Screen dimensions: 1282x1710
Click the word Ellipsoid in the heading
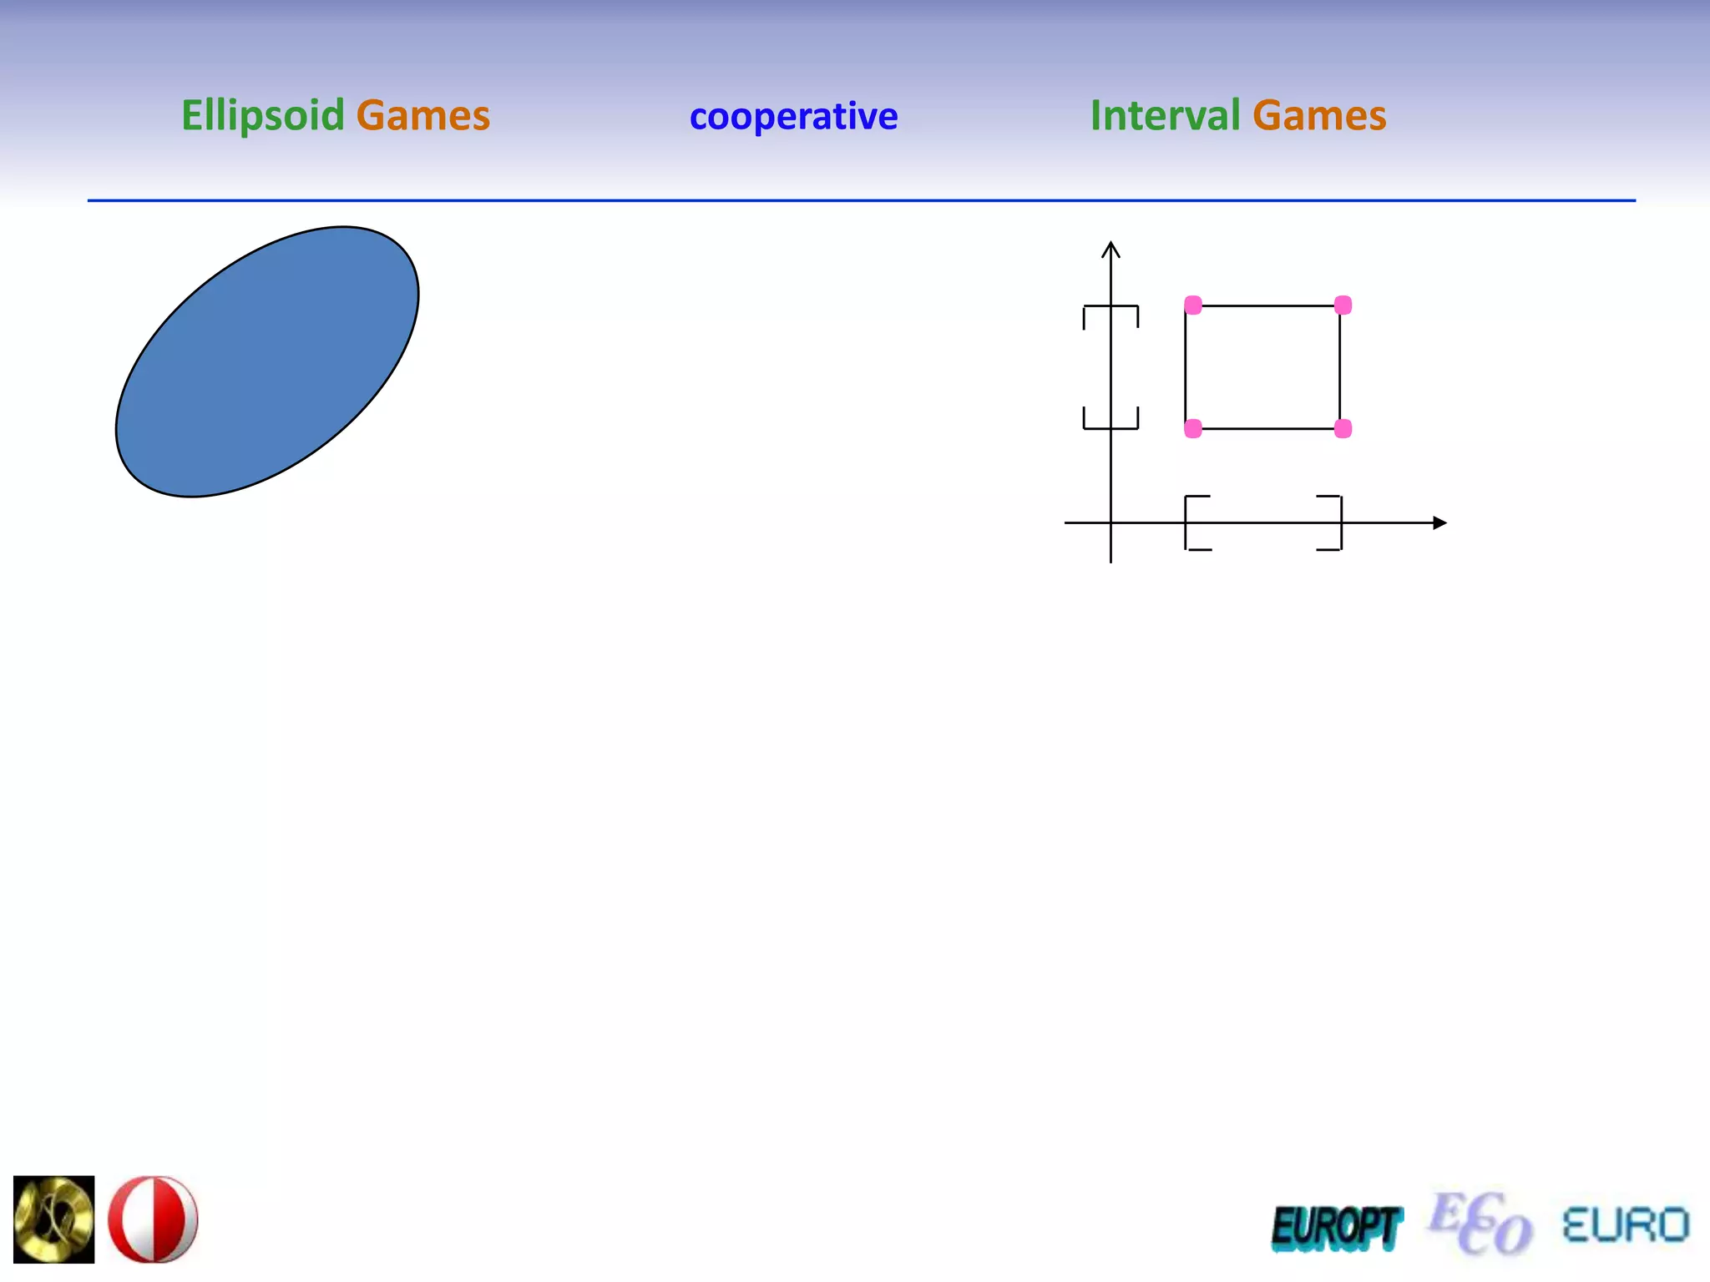(262, 115)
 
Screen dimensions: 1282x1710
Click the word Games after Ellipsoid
(422, 115)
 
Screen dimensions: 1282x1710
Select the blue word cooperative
(793, 116)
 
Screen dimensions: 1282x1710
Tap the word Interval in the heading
(1165, 115)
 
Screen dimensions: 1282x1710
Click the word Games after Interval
(1319, 115)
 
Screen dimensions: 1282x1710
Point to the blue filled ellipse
(267, 361)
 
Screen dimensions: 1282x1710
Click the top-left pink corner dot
(1193, 305)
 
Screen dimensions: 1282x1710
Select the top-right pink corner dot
(1343, 305)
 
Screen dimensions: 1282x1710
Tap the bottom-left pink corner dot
(1193, 429)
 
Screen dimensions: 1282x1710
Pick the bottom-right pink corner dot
(1343, 429)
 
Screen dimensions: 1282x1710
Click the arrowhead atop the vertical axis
(1110, 249)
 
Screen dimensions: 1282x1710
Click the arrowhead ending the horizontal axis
(1439, 523)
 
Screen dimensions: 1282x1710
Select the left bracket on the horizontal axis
(1191, 523)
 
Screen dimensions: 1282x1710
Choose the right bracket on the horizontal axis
(1336, 523)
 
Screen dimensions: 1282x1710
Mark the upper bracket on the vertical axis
(1110, 310)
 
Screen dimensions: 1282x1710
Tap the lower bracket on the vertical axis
(1110, 424)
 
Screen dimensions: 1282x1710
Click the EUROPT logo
(1337, 1229)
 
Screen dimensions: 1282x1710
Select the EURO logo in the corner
(1625, 1225)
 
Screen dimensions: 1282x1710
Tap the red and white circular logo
(154, 1219)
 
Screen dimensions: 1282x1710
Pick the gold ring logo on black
(54, 1219)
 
